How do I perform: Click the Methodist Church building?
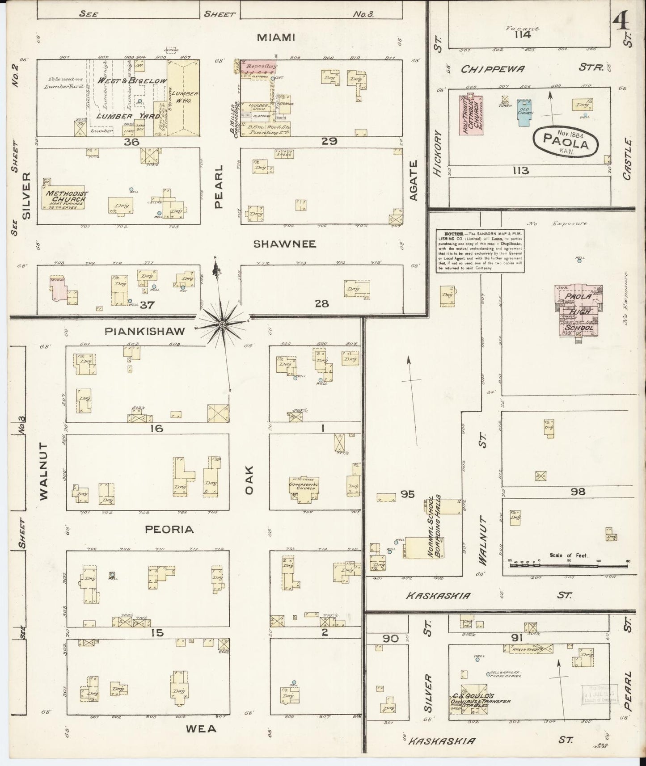65,199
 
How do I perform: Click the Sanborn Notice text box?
480,251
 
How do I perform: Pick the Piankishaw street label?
144,331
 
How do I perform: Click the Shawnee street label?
285,244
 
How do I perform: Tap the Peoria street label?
169,530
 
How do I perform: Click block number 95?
407,494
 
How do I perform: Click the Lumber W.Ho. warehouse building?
183,99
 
